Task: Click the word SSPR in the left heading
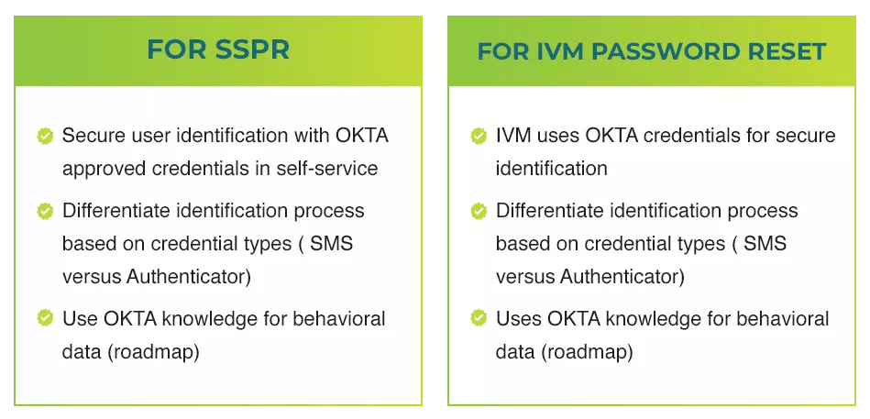(251, 49)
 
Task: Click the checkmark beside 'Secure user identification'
(44, 137)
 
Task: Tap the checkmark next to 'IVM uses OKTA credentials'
(479, 137)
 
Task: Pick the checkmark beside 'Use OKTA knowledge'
(44, 318)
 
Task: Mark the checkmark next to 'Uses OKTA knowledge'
(479, 318)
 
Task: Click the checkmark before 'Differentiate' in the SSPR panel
(44, 211)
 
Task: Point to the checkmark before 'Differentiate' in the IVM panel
(479, 211)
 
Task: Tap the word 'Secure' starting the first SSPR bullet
(91, 137)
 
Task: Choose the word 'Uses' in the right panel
(518, 319)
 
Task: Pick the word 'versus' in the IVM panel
(525, 277)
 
